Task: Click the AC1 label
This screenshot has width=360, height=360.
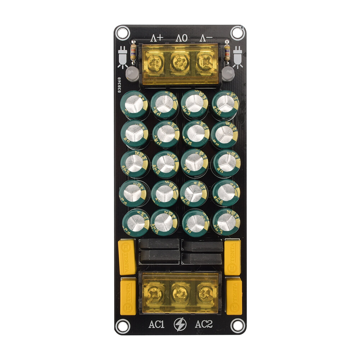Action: pos(157,324)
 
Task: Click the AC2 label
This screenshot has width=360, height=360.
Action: pos(204,324)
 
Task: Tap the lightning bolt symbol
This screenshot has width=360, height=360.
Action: pos(180,324)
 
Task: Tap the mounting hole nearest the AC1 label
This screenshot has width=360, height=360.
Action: pos(123,326)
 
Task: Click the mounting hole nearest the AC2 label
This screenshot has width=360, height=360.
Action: pos(238,326)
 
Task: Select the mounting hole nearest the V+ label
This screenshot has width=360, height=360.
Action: pos(122,33)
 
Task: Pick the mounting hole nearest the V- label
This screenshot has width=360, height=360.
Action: pos(237,33)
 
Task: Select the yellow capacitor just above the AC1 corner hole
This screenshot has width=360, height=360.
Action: pos(128,296)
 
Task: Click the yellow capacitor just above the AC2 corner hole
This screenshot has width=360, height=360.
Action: pos(234,296)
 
